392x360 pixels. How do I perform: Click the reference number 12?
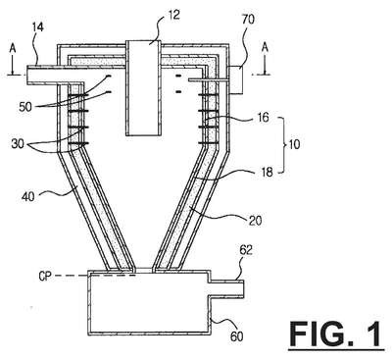[x=174, y=15]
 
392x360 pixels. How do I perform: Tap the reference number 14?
[x=38, y=27]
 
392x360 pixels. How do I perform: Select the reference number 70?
[x=248, y=20]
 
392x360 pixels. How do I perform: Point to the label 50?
[x=25, y=106]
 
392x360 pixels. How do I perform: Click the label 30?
[x=18, y=143]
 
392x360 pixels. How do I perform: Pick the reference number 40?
[x=28, y=197]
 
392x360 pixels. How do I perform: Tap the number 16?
[x=262, y=117]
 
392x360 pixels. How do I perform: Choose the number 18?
[x=267, y=172]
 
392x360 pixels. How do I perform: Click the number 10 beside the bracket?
[x=294, y=144]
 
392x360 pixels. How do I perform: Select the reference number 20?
[x=255, y=221]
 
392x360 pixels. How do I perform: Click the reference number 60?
[x=236, y=336]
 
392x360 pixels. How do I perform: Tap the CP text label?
[x=45, y=277]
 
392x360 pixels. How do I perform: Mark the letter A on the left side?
[x=13, y=49]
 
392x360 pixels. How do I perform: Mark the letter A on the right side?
[x=266, y=48]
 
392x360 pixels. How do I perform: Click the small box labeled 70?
[x=236, y=79]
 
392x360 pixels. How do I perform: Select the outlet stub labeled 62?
[x=226, y=289]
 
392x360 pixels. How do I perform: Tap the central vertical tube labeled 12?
[x=144, y=88]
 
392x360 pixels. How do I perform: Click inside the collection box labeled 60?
[x=149, y=303]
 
